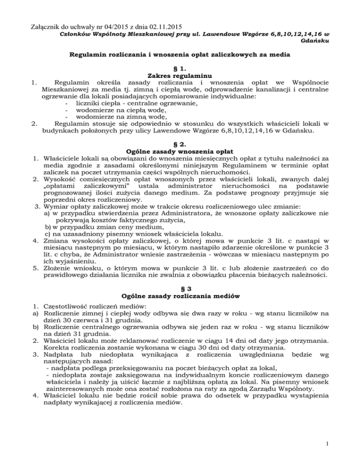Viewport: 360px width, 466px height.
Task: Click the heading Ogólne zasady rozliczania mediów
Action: click(180, 297)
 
